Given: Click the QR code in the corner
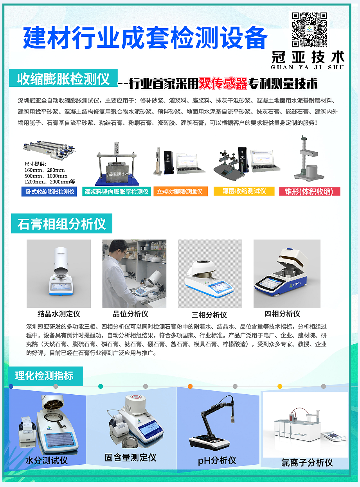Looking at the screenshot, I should [x=310, y=29].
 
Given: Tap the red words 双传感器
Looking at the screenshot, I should [x=223, y=83].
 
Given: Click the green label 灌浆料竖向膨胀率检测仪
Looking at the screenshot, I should [x=117, y=192].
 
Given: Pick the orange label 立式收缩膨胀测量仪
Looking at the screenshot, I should [x=180, y=192].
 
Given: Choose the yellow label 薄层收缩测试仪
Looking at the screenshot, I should [x=244, y=191].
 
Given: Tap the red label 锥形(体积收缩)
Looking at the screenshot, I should [x=310, y=192].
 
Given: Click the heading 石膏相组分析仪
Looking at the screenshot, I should [x=62, y=224].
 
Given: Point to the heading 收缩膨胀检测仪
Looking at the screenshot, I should [x=63, y=79].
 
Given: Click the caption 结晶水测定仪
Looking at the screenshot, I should [x=59, y=314].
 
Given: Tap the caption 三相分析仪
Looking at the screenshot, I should [x=209, y=314].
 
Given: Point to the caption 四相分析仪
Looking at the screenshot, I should [x=283, y=314].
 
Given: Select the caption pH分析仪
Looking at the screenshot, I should [x=217, y=461].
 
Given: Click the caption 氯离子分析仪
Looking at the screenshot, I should [x=307, y=463].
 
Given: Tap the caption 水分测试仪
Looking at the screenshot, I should [x=47, y=461].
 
